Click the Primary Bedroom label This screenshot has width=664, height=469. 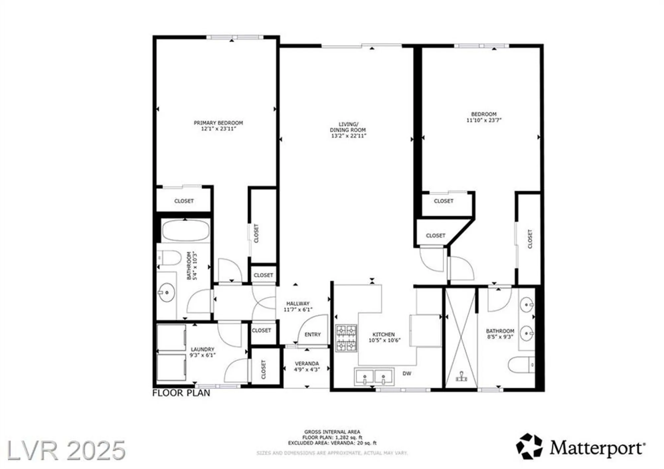tap(218, 123)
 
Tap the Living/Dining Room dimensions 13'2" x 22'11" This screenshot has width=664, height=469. tap(348, 136)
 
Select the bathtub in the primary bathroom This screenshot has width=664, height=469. tap(186, 230)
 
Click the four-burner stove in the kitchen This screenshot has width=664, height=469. tap(346, 338)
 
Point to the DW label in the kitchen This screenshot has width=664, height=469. tap(407, 373)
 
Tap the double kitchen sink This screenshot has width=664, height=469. tap(374, 377)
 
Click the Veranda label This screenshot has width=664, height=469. tap(306, 363)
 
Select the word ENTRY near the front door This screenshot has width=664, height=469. tap(312, 334)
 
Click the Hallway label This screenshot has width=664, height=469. tap(298, 303)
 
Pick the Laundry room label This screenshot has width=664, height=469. tap(202, 349)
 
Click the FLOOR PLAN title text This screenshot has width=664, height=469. tap(181, 393)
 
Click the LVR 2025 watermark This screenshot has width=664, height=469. tap(66, 450)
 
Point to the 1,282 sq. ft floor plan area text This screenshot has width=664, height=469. tap(332, 437)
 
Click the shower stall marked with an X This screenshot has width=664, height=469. tap(461, 337)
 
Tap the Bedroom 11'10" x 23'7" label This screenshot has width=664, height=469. tap(484, 117)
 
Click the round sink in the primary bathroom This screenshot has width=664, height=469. tap(166, 292)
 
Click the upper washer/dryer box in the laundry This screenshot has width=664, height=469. tap(171, 337)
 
